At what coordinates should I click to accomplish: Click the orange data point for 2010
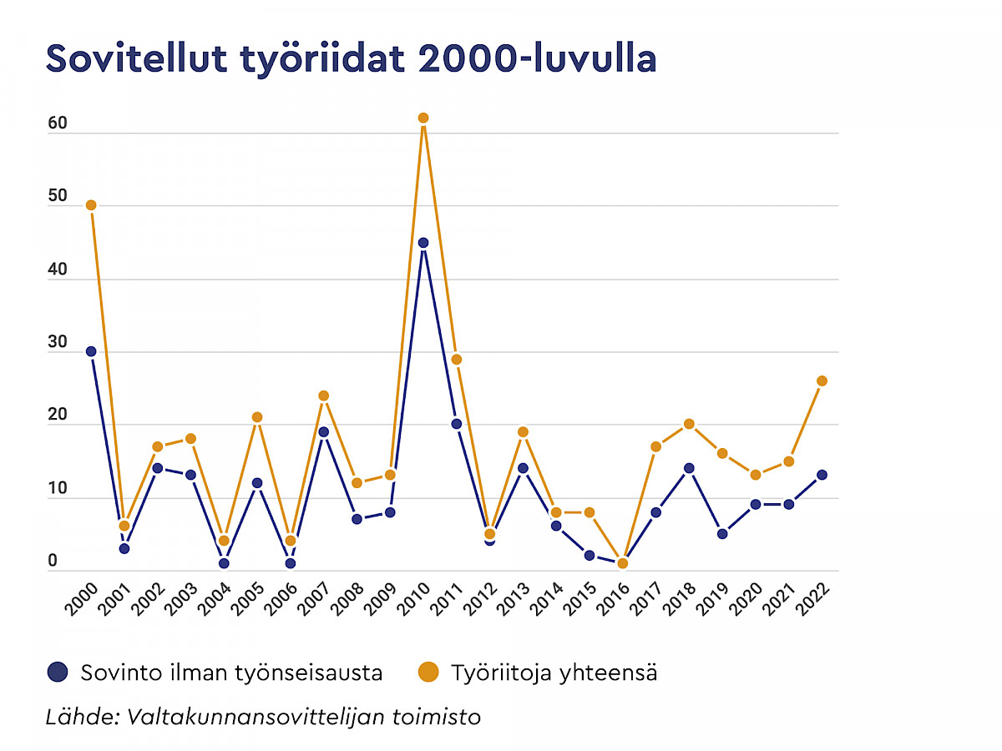(x=423, y=118)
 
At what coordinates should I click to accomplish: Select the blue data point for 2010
(x=423, y=243)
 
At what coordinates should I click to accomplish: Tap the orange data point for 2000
(x=91, y=205)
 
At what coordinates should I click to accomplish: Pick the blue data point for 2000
(x=91, y=351)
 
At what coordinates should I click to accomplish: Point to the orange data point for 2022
(x=822, y=381)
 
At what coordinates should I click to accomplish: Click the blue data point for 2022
(x=822, y=475)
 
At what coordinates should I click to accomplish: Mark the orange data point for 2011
(x=457, y=359)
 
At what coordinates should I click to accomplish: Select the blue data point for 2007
(x=323, y=431)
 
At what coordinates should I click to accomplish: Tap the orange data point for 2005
(x=257, y=416)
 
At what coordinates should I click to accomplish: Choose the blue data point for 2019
(x=722, y=533)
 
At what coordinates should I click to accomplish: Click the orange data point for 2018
(x=689, y=424)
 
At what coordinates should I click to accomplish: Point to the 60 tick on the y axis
(x=57, y=124)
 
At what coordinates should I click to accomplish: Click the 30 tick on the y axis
(x=57, y=343)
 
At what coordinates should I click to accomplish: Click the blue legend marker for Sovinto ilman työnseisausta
(x=58, y=672)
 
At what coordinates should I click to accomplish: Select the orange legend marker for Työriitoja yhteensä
(x=428, y=672)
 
